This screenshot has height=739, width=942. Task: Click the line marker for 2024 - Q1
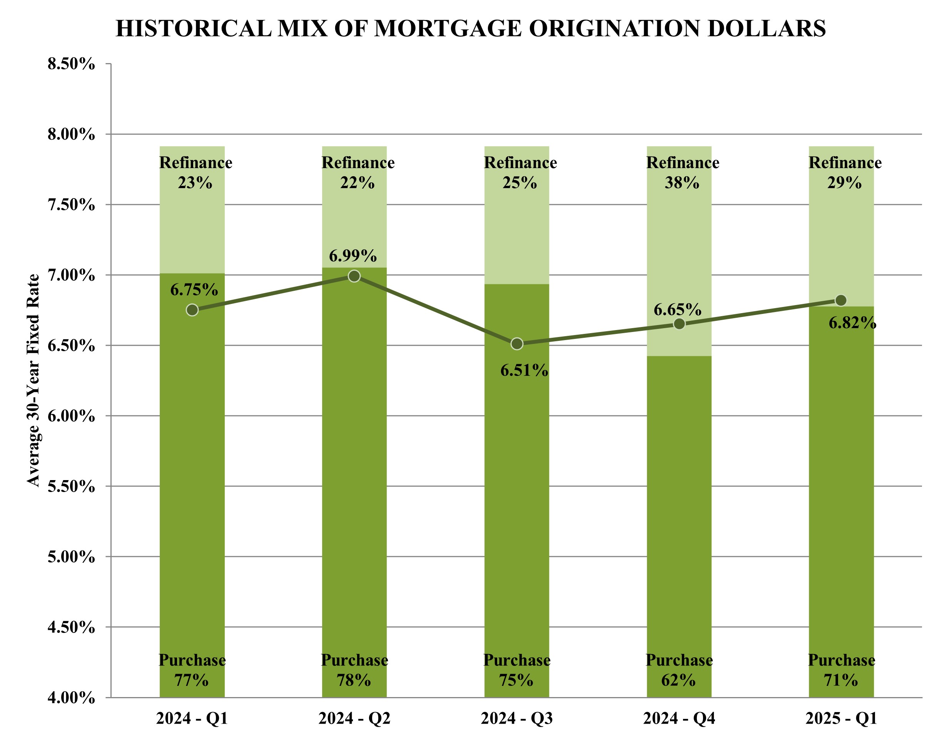192,310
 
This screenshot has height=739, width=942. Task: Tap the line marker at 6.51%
517,344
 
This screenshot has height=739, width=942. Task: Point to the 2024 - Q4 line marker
679,324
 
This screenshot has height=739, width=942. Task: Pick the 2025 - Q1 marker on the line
841,300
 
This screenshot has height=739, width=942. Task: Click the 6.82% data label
852,323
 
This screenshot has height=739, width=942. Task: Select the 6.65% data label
677,310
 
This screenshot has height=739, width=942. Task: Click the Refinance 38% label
682,173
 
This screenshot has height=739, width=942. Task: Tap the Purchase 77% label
192,670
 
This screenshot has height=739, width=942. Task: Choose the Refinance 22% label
358,173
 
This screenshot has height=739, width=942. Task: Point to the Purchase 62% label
679,670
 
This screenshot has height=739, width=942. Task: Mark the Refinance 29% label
845,173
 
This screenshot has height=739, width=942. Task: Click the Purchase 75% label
517,670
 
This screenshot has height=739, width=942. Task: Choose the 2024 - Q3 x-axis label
517,719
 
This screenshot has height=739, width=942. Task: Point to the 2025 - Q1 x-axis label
841,719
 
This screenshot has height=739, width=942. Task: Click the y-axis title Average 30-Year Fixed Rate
33,381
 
